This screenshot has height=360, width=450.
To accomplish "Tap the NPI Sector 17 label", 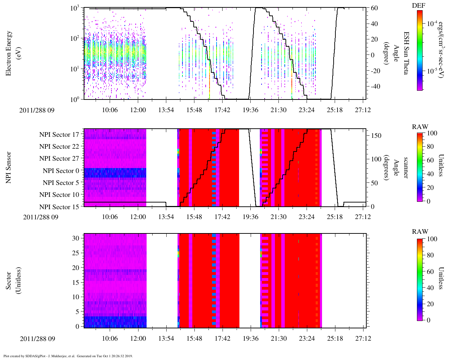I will click(59, 135).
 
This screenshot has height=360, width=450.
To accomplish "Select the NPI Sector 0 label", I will click(61, 171).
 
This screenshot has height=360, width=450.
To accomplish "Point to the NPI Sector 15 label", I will click(59, 207).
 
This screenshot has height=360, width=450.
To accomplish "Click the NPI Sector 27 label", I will click(59, 159).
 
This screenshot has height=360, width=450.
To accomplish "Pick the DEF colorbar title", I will click(418, 6).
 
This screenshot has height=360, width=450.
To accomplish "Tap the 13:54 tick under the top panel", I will click(166, 110).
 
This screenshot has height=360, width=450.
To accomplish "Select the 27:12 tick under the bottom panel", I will click(363, 339).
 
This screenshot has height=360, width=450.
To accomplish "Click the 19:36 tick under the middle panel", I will click(250, 217).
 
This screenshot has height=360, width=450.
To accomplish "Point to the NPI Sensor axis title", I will click(8, 167).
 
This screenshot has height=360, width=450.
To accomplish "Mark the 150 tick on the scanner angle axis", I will click(376, 136).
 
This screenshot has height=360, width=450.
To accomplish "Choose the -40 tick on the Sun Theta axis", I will click(374, 86).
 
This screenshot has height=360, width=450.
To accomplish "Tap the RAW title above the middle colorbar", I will click(420, 127).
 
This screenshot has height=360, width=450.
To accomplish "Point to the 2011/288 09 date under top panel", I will click(37, 110).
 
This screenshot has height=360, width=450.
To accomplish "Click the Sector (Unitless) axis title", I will click(13, 281).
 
